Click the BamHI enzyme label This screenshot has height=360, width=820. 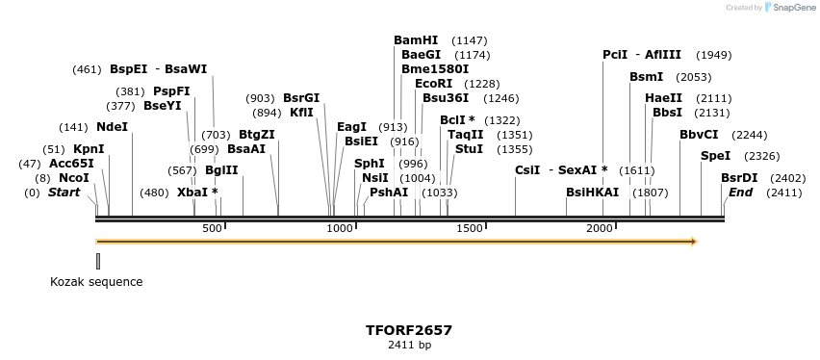[x=416, y=40]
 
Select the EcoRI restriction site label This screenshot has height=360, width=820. [x=433, y=84]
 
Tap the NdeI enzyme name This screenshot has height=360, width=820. [x=112, y=127]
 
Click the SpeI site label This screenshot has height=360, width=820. [x=715, y=156]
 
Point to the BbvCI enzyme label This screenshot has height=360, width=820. [x=699, y=135]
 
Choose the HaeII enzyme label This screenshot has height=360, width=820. [x=663, y=98]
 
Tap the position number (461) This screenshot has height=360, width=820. [x=87, y=69]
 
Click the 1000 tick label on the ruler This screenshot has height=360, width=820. [x=340, y=228]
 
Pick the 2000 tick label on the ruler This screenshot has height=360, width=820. [x=600, y=228]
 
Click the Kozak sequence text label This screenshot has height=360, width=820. [x=96, y=282]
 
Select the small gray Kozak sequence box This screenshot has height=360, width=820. [x=98, y=261]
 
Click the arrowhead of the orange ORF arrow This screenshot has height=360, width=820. [x=691, y=241]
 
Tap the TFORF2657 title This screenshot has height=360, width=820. [x=409, y=329]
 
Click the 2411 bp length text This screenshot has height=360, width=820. [x=409, y=345]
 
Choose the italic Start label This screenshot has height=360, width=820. [x=64, y=193]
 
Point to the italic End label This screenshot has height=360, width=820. [x=740, y=193]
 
